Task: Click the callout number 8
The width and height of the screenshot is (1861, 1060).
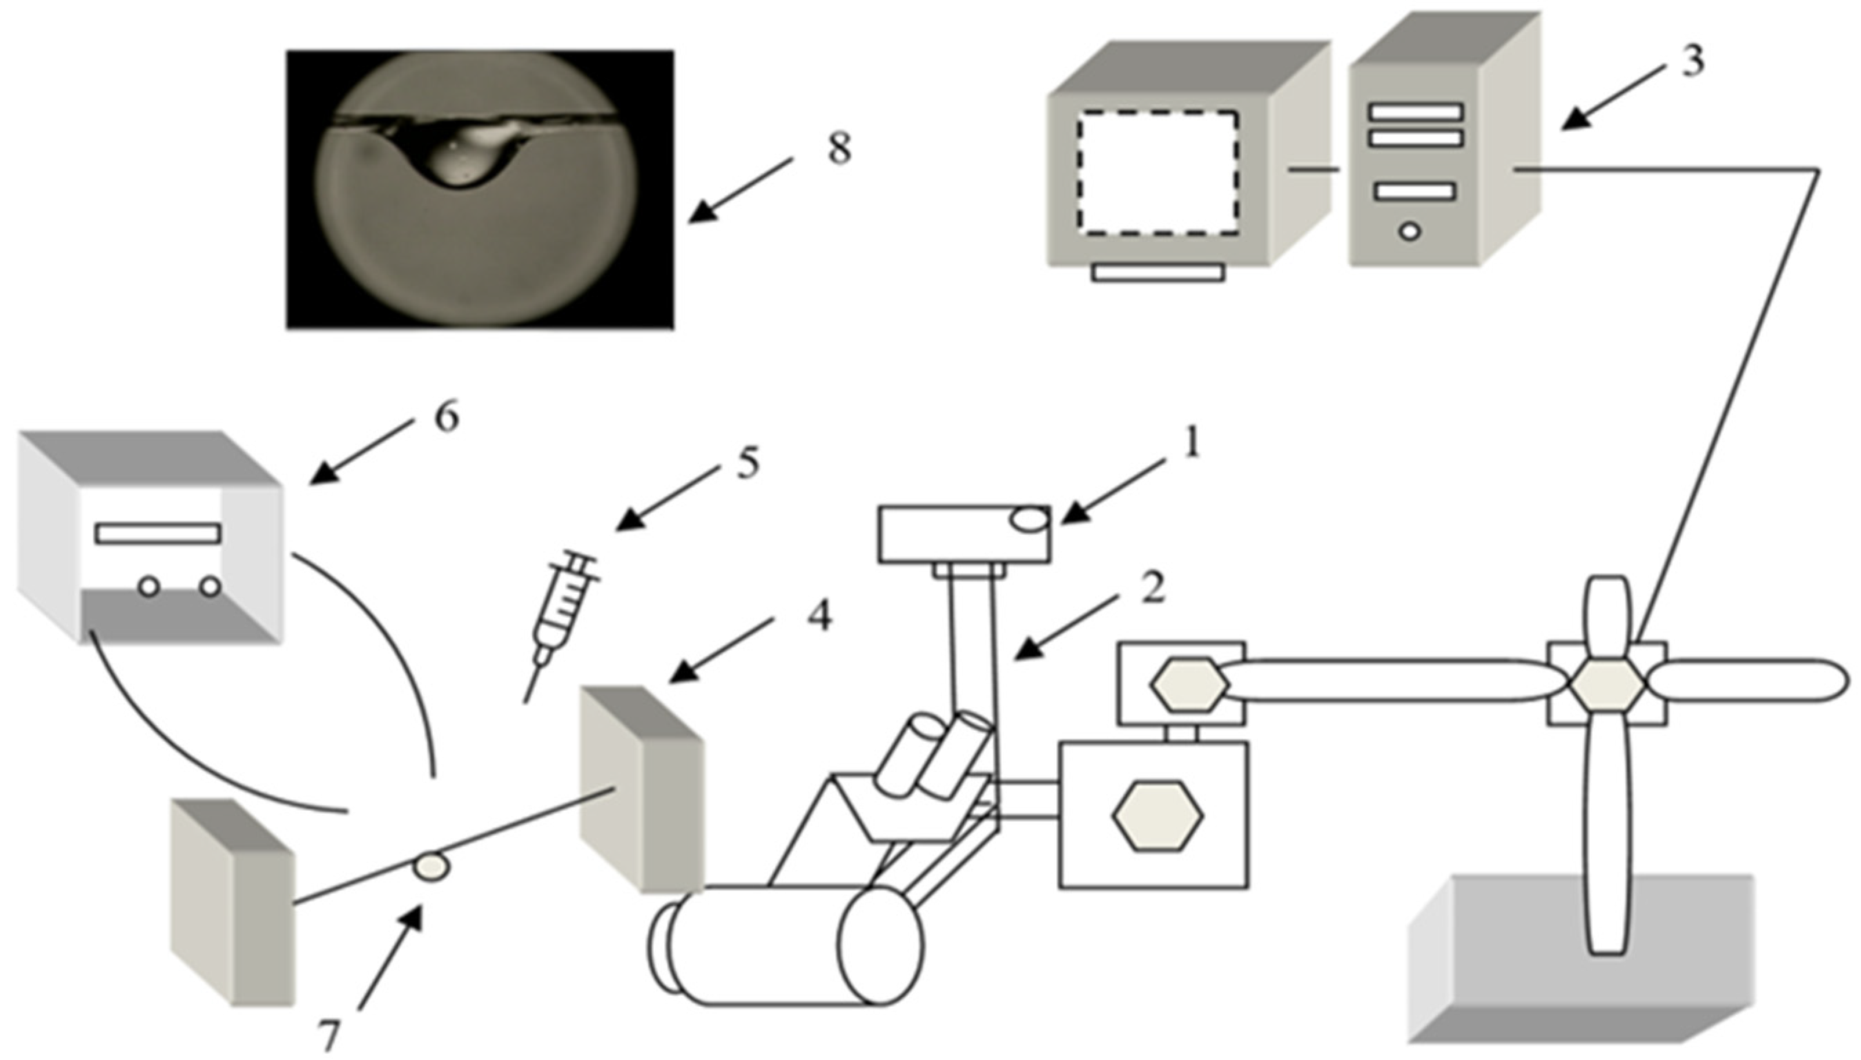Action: click(839, 150)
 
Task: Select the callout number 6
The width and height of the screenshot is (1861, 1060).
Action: click(447, 419)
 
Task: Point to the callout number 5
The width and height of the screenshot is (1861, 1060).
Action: click(747, 463)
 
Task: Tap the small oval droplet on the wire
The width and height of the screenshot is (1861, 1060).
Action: click(431, 867)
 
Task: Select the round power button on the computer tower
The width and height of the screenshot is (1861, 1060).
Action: click(1410, 231)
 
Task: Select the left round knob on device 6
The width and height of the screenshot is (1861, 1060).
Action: click(149, 587)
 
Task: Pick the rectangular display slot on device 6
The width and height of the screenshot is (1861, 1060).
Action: click(158, 533)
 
